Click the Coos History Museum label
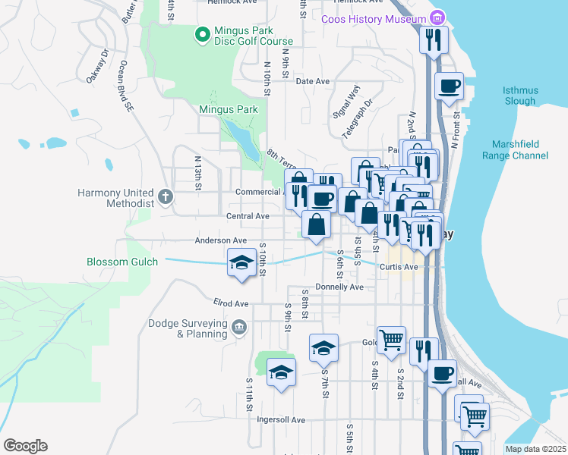click(x=374, y=19)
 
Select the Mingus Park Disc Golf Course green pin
click(x=202, y=34)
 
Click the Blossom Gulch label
click(x=122, y=262)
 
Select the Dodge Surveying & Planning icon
click(x=239, y=328)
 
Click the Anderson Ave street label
click(x=221, y=240)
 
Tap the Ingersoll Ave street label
click(x=280, y=419)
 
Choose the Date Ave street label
click(x=312, y=81)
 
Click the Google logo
click(x=25, y=446)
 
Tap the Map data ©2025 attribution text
click(x=535, y=449)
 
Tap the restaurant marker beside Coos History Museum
click(x=433, y=39)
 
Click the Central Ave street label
click(x=248, y=216)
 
